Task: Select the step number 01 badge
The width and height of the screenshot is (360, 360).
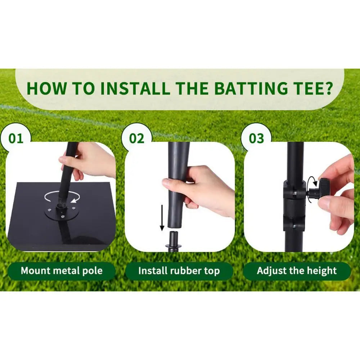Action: (16, 138)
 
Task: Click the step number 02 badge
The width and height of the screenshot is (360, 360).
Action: (136, 138)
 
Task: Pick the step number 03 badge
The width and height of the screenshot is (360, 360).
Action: (256, 138)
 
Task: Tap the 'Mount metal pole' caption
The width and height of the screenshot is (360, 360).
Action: (62, 271)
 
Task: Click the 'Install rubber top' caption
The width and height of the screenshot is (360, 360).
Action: (179, 271)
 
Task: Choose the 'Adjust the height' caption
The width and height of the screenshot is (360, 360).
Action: (297, 271)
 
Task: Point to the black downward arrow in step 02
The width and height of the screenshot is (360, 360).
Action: (162, 217)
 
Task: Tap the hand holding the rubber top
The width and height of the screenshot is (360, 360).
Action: (202, 187)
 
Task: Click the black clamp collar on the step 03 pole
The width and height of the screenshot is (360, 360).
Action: (293, 205)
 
